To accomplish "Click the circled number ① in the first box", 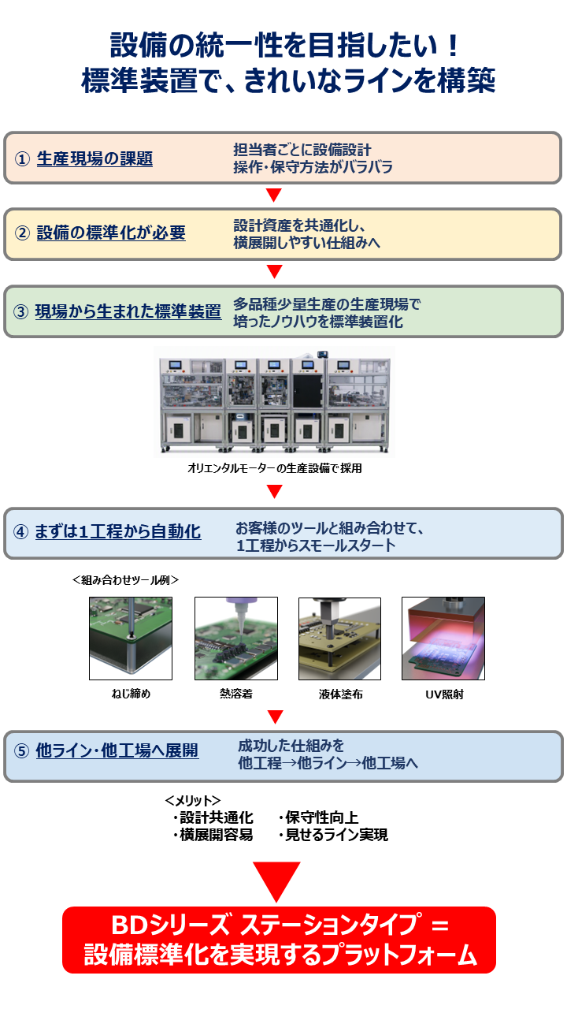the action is (x=22, y=159).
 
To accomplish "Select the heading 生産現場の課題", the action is (x=94, y=158).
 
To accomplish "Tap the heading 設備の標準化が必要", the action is (x=111, y=233).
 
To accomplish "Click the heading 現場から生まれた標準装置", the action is (x=128, y=311).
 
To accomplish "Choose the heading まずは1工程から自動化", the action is (x=118, y=531).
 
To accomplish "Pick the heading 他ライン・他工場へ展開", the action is (x=117, y=750).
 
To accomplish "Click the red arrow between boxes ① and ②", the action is (x=274, y=195).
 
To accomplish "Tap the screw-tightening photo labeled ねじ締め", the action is (x=131, y=639).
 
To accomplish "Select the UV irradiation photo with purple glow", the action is (x=443, y=639).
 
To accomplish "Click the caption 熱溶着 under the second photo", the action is (x=236, y=694).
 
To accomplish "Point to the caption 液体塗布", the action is (x=341, y=694).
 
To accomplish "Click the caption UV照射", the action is (x=444, y=694).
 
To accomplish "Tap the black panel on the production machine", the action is (x=308, y=390).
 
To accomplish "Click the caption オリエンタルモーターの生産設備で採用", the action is (x=275, y=468).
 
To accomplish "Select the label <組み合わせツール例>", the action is (x=125, y=579).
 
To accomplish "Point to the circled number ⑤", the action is (x=21, y=751).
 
